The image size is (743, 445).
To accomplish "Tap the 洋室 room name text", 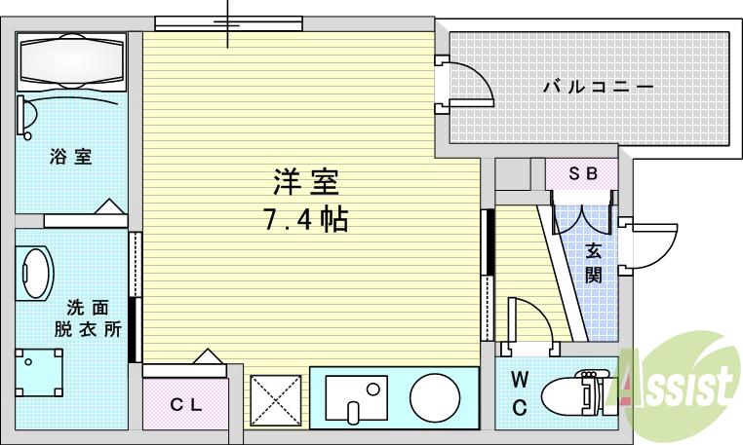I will tap(305, 182).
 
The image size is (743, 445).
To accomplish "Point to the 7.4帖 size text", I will tap(305, 218).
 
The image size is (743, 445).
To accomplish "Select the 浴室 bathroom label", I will tap(70, 156).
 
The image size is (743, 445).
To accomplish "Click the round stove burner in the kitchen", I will tap(435, 397).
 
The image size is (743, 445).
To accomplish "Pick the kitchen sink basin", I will tap(354, 398).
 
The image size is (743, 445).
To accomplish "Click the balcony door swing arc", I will tap(468, 82).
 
